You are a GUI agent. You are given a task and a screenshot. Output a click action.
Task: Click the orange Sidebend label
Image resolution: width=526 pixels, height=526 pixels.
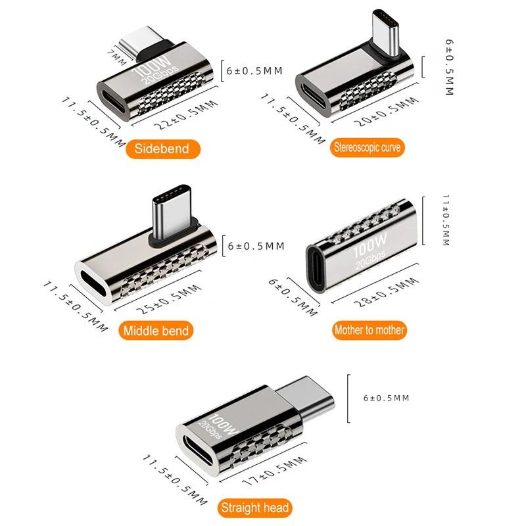click(x=163, y=149)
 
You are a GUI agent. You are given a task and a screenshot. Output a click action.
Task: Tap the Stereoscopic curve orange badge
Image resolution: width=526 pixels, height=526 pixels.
click(x=368, y=147)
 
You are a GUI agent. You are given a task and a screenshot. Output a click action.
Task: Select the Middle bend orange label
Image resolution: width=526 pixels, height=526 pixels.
click(x=156, y=331)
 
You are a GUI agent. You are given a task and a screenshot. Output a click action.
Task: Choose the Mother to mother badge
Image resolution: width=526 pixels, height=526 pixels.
click(x=370, y=330)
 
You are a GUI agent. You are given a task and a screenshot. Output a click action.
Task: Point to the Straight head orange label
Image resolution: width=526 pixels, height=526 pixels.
click(x=255, y=508)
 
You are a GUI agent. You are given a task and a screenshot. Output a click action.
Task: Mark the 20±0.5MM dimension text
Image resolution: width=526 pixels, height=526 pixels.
click(x=387, y=112)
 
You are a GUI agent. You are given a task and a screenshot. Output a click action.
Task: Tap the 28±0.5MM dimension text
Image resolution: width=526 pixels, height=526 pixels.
click(x=387, y=293)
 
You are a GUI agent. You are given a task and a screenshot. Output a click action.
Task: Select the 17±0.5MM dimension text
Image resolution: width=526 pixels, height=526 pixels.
click(x=275, y=471)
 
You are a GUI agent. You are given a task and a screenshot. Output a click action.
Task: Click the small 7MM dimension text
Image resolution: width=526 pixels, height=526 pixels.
click(x=117, y=57)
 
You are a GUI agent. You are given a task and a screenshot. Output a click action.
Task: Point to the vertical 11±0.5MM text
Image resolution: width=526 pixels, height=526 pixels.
click(x=446, y=220)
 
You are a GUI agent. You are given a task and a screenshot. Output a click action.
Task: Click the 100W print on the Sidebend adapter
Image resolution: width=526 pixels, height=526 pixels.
click(x=152, y=66)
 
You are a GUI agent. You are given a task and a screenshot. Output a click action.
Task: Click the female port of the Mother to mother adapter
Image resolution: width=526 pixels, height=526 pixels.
click(x=316, y=269)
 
